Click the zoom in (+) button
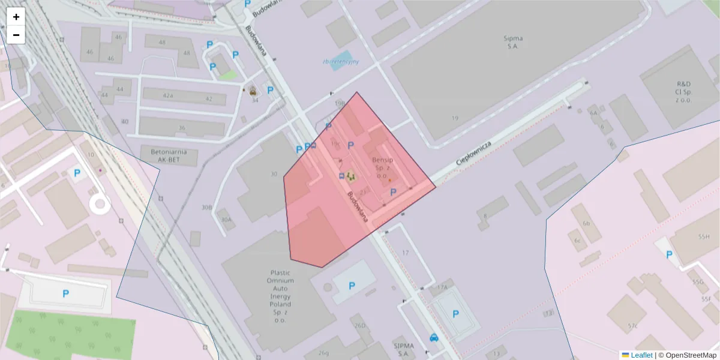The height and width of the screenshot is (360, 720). pyautogui.click(x=16, y=17)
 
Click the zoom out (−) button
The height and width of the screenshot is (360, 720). pyautogui.click(x=16, y=35)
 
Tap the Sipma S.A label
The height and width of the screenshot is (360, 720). pyautogui.click(x=513, y=41)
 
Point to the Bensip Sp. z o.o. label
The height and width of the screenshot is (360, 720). pyautogui.click(x=382, y=168)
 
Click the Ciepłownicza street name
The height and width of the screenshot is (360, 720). pyautogui.click(x=474, y=152)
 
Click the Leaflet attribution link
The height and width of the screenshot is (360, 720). pyautogui.click(x=640, y=355)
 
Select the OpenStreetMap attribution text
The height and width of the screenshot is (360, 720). pyautogui.click(x=688, y=355)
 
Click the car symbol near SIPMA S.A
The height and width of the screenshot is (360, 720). pyautogui.click(x=434, y=337)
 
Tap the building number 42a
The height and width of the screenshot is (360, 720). pyautogui.click(x=167, y=96)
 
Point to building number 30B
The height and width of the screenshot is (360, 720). pyautogui.click(x=206, y=208)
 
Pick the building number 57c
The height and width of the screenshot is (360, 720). pyautogui.click(x=632, y=326)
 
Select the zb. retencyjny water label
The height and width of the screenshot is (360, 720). pyautogui.click(x=340, y=61)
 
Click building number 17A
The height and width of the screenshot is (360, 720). pyautogui.click(x=442, y=287)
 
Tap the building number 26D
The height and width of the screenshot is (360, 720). pyautogui.click(x=359, y=325)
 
